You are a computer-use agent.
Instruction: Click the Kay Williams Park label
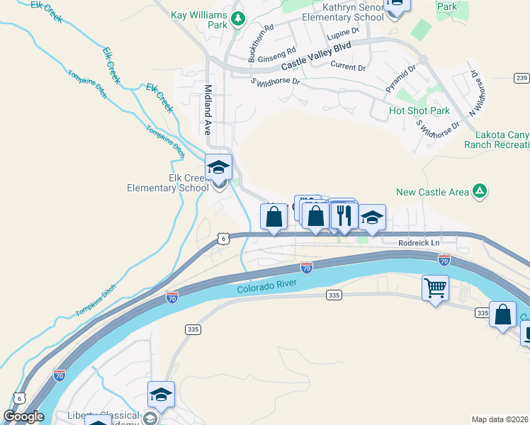[x=199, y=15]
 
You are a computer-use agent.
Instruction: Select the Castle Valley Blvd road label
[x=317, y=57]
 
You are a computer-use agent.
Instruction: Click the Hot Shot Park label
[x=419, y=111]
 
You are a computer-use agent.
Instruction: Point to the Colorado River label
[x=264, y=286]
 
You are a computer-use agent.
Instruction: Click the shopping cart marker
[x=435, y=288]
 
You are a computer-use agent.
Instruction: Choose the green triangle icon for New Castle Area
[x=480, y=191]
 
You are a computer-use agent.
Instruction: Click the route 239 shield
[x=521, y=77]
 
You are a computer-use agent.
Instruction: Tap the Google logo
[x=24, y=416]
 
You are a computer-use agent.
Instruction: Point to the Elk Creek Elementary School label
[x=167, y=183]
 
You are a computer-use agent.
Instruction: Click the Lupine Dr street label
[x=344, y=33]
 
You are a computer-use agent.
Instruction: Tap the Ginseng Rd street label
[x=277, y=55]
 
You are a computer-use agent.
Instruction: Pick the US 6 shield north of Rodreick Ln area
[x=223, y=239]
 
